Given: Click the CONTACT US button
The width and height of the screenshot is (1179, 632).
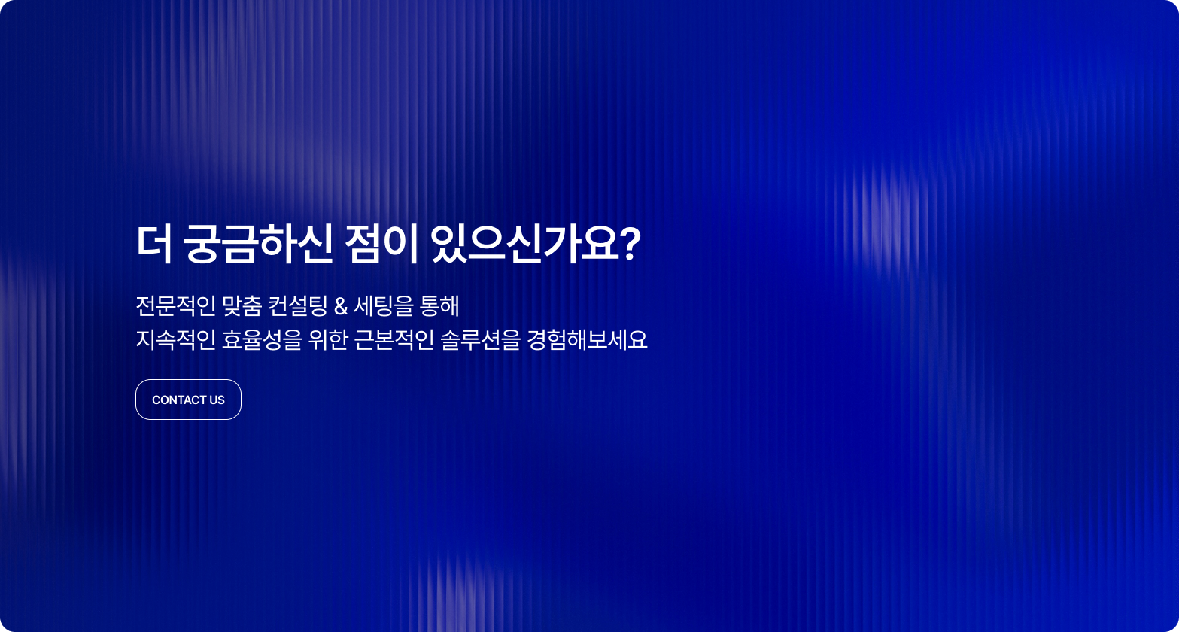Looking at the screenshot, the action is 188,400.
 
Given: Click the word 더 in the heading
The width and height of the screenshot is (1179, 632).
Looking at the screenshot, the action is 154,245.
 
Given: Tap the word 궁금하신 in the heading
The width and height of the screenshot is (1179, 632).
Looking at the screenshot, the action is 258,245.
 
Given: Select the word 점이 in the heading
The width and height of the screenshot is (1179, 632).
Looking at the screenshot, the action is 381,245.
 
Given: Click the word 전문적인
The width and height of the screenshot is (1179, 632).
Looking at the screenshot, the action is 176,305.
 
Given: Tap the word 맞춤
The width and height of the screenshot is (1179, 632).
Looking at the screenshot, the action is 242,305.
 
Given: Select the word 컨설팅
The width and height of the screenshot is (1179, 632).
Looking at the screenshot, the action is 298,305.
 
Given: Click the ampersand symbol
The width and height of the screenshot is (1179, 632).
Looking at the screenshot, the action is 341,306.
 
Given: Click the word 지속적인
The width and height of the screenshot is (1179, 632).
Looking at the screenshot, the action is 176,339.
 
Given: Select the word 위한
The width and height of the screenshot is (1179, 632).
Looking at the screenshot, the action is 328,339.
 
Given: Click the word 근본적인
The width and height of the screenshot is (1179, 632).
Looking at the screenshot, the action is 394,339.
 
